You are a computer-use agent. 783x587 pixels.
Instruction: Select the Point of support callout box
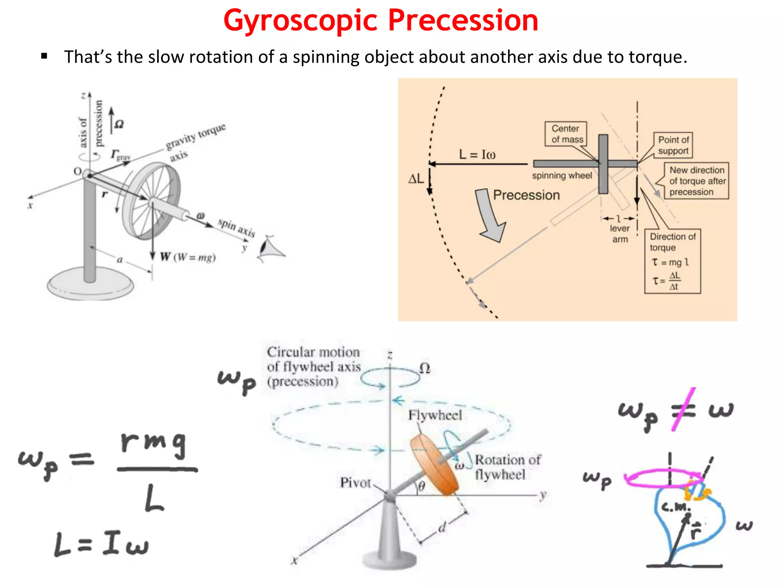pos(673,145)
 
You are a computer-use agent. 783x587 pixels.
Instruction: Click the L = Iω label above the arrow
pos(477,155)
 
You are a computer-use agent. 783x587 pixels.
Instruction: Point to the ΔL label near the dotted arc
pos(416,179)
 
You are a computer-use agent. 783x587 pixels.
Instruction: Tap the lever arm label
pos(620,234)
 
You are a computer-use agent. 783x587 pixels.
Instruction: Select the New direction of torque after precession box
pos(697,181)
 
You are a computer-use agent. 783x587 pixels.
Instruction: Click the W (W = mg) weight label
pos(188,257)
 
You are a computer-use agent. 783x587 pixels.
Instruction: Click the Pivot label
pos(356,483)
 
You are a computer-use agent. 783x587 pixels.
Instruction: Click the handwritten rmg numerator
pos(154,444)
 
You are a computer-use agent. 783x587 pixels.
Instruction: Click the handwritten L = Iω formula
pos(101,544)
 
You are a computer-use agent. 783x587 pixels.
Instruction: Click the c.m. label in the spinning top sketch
pos(676,507)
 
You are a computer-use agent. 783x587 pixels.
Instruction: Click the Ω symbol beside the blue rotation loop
pos(425,368)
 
